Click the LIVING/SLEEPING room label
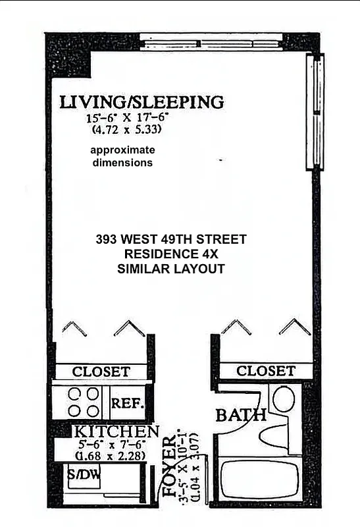tap(141, 102)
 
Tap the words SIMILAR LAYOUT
tap(171, 268)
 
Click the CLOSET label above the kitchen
tap(101, 372)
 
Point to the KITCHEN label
tap(115, 432)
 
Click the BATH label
tap(241, 415)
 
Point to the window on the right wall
tap(316, 112)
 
